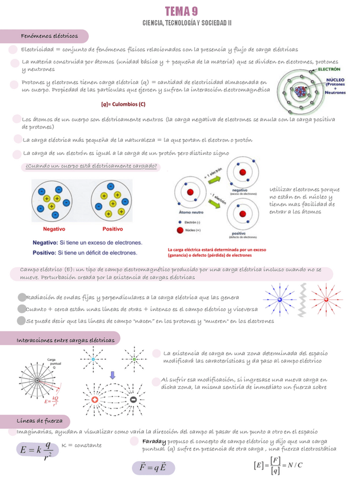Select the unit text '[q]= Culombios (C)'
(x=123, y=104)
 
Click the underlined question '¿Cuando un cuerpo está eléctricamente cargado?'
(x=93, y=166)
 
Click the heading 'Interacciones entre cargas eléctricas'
(x=67, y=340)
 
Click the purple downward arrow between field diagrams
(x=113, y=376)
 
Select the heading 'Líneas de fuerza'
(x=39, y=421)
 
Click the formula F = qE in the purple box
(x=153, y=468)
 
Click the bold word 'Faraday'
(x=154, y=442)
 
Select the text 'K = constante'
(x=81, y=445)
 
